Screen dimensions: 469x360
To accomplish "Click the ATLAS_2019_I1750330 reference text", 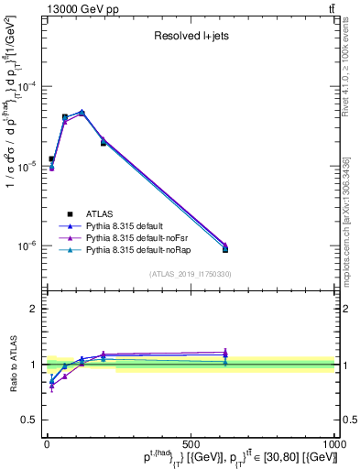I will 190,274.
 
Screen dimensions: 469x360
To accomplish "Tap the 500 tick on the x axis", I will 191,444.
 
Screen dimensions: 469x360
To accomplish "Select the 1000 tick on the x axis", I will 333,444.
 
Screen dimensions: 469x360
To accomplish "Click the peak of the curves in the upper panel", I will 82,112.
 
